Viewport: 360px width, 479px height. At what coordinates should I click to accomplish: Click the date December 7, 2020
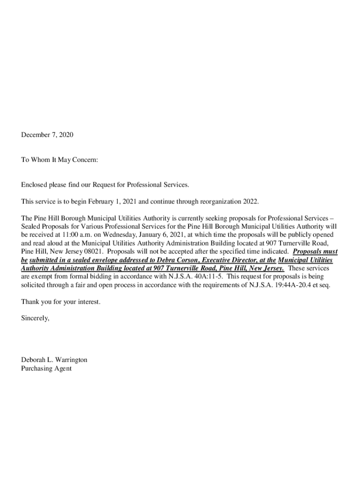pos(47,135)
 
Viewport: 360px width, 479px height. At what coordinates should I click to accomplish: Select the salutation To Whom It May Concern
pos(59,160)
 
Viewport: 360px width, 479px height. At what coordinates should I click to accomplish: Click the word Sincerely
pos(35,318)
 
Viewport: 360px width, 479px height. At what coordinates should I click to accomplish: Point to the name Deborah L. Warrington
pos(54,360)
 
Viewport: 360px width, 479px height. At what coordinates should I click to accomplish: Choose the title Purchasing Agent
pos(46,369)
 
